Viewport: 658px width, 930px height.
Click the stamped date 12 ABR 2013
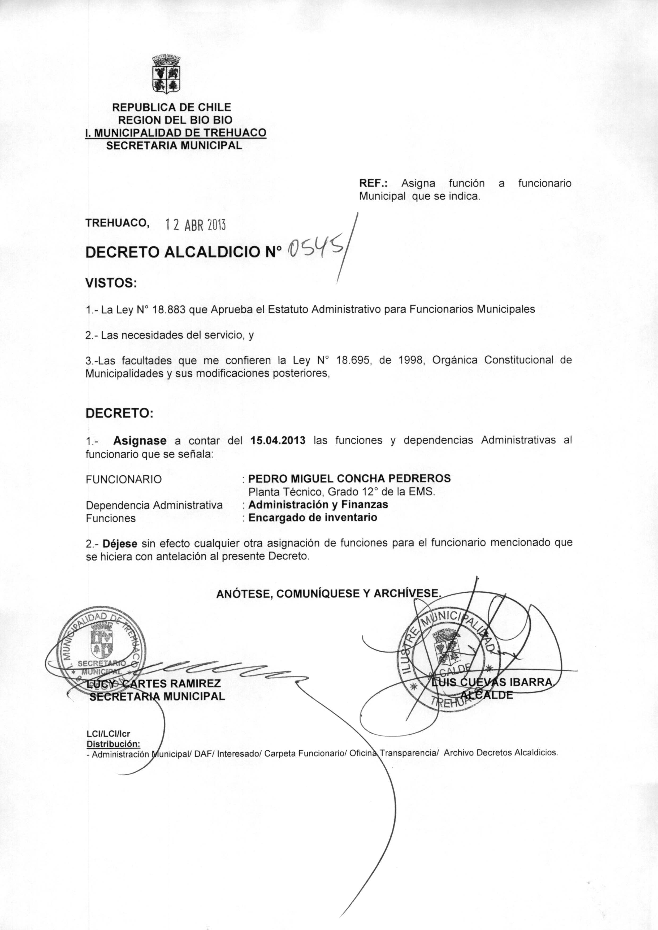click(195, 224)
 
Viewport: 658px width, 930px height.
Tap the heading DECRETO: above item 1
click(119, 413)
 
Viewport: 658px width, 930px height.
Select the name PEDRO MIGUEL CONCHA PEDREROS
click(349, 478)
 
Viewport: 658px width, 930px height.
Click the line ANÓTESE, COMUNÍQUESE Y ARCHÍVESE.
click(328, 594)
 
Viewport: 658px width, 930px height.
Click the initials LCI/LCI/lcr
click(108, 734)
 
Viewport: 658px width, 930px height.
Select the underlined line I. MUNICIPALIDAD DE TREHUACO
click(175, 132)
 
